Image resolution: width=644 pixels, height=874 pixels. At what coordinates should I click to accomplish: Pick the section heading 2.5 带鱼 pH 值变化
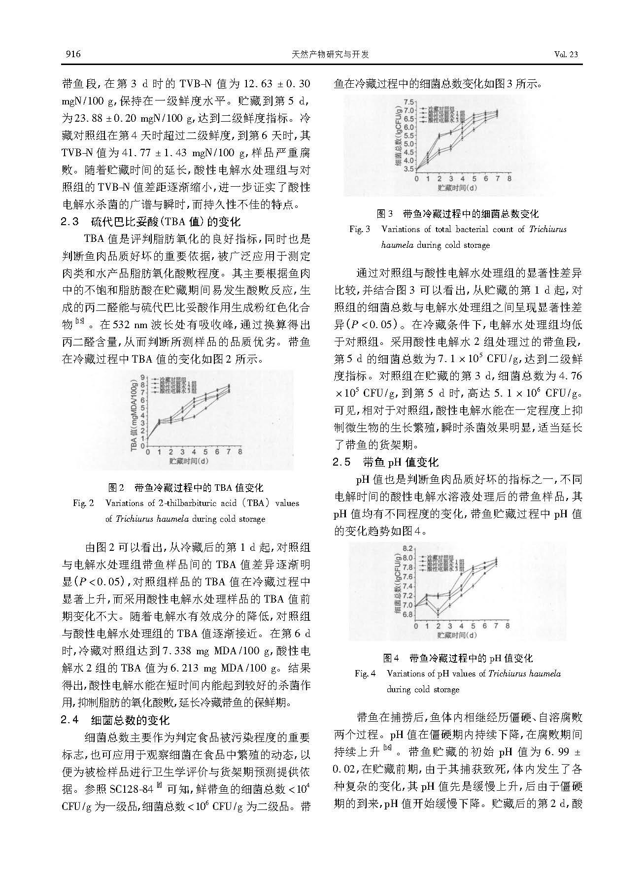click(385, 462)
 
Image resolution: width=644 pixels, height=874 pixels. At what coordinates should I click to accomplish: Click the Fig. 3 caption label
click(359, 229)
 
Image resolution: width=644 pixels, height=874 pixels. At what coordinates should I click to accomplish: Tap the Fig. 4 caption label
click(365, 673)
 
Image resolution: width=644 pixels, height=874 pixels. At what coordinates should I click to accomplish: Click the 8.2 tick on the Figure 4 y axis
click(407, 549)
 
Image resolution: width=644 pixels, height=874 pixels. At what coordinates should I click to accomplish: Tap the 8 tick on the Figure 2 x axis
click(240, 452)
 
